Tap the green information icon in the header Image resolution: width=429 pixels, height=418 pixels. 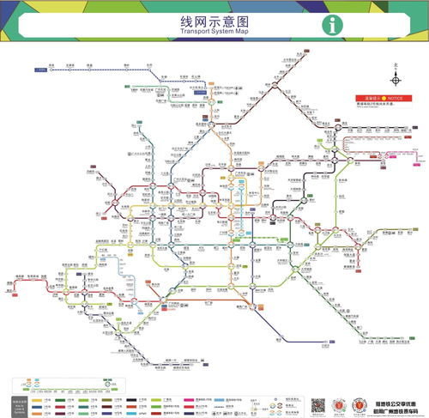331,25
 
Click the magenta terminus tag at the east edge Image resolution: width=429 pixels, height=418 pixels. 419,157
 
